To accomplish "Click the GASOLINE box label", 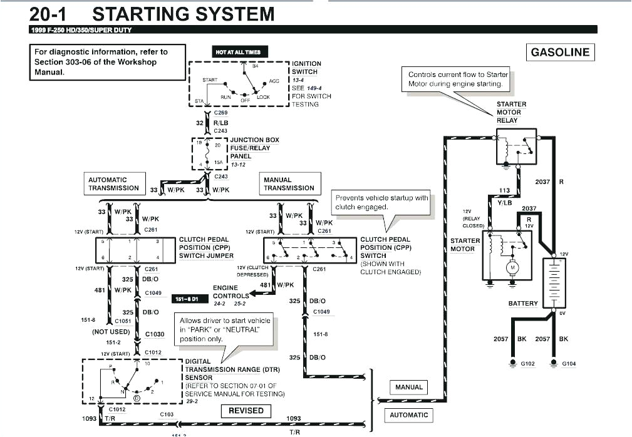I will pyautogui.click(x=560, y=53).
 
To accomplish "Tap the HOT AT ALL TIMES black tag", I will pyautogui.click(x=237, y=52).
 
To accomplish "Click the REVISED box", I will pyautogui.click(x=246, y=411).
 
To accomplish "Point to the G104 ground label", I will pyautogui.click(x=569, y=364).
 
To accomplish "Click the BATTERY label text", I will pyautogui.click(x=523, y=304).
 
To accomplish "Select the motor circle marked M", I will pyautogui.click(x=512, y=268).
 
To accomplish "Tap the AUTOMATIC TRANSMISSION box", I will pyautogui.click(x=113, y=184).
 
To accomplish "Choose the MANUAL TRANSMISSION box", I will pyautogui.click(x=289, y=184).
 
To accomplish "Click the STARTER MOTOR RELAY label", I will pyautogui.click(x=511, y=112).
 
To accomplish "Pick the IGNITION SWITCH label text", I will pyautogui.click(x=306, y=68).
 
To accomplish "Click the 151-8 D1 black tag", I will pyautogui.click(x=186, y=299).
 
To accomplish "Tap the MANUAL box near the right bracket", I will pyautogui.click(x=409, y=388).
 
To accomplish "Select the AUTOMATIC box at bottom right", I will pyautogui.click(x=409, y=414).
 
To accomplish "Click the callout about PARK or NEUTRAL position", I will pyautogui.click(x=225, y=329).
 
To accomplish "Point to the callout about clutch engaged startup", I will pyautogui.click(x=381, y=202).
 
